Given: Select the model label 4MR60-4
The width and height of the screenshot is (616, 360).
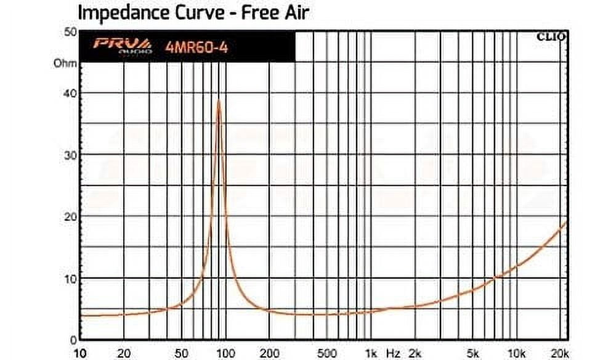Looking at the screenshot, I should (x=196, y=47).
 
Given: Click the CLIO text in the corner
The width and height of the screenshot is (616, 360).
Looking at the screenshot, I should (x=551, y=38).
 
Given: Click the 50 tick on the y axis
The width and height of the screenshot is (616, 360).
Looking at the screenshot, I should (x=69, y=32).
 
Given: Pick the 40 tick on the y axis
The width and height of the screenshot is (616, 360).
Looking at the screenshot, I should (x=69, y=93).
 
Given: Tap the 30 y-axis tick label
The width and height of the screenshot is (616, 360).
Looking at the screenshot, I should (x=69, y=155).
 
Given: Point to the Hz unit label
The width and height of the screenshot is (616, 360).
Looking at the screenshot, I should (x=392, y=353).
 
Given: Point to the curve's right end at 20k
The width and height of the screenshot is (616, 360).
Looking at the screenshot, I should (x=565, y=222).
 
